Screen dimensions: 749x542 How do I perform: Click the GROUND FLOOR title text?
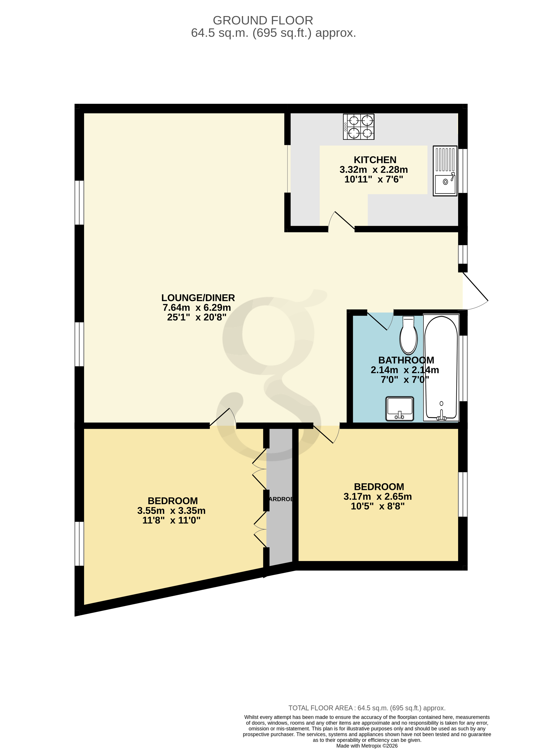263,20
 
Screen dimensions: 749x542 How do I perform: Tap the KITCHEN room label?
375,160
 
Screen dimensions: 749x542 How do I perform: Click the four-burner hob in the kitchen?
358,127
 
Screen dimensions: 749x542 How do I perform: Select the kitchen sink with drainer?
445,171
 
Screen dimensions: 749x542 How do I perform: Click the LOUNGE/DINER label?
198,298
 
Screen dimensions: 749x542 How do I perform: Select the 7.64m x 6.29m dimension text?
197,307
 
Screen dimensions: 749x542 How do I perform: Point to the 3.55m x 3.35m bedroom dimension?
171,511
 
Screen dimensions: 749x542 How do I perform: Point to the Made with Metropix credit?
367,745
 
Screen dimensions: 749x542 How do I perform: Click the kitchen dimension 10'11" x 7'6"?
374,179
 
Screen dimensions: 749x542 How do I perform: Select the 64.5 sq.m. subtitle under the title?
273,33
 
